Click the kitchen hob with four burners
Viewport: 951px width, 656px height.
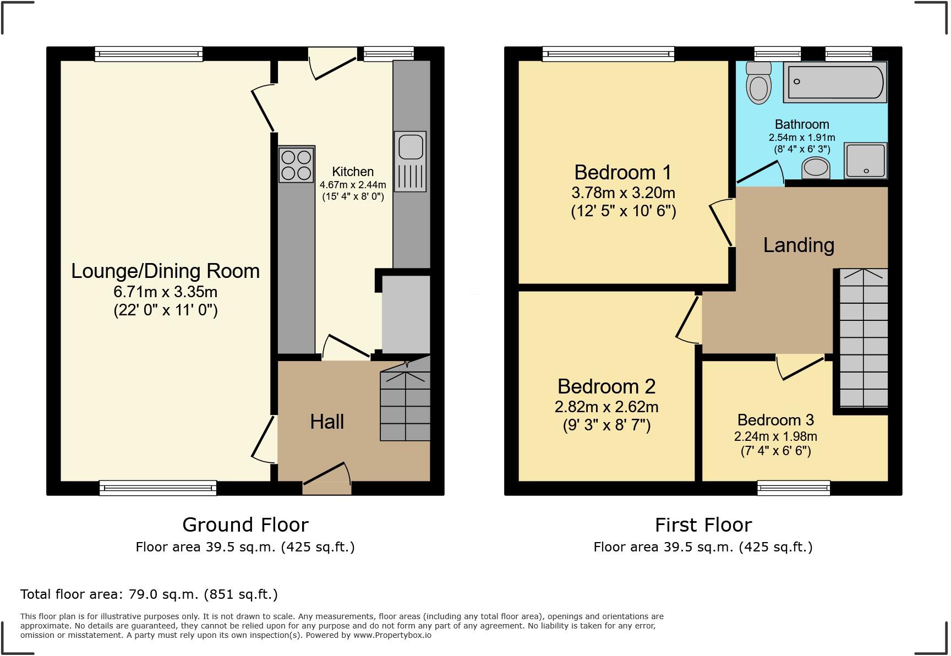pos(297,164)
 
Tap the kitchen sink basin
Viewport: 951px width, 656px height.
pos(410,146)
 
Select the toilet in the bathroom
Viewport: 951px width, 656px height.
pos(759,83)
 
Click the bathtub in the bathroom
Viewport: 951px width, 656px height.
pos(834,83)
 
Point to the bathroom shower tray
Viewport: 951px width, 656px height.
pos(866,161)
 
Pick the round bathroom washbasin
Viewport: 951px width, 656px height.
pos(816,167)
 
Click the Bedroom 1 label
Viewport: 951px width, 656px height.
pos(623,172)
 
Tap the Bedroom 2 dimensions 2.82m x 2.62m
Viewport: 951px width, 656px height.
pos(606,407)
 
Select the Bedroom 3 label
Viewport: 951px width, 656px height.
pos(775,420)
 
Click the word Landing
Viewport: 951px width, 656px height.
pos(799,245)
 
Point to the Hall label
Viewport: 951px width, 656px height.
pos(327,422)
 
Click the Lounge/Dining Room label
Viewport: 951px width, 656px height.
pos(165,271)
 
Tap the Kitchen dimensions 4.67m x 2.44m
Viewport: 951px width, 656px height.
pos(353,185)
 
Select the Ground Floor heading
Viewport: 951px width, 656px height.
pos(245,524)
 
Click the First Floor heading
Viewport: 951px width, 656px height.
pos(703,524)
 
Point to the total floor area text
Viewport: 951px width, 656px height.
pos(149,594)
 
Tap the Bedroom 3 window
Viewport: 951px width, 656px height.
pos(794,488)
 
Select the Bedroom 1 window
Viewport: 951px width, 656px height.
pos(609,53)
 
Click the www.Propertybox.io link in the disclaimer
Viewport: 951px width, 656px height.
pos(392,635)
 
